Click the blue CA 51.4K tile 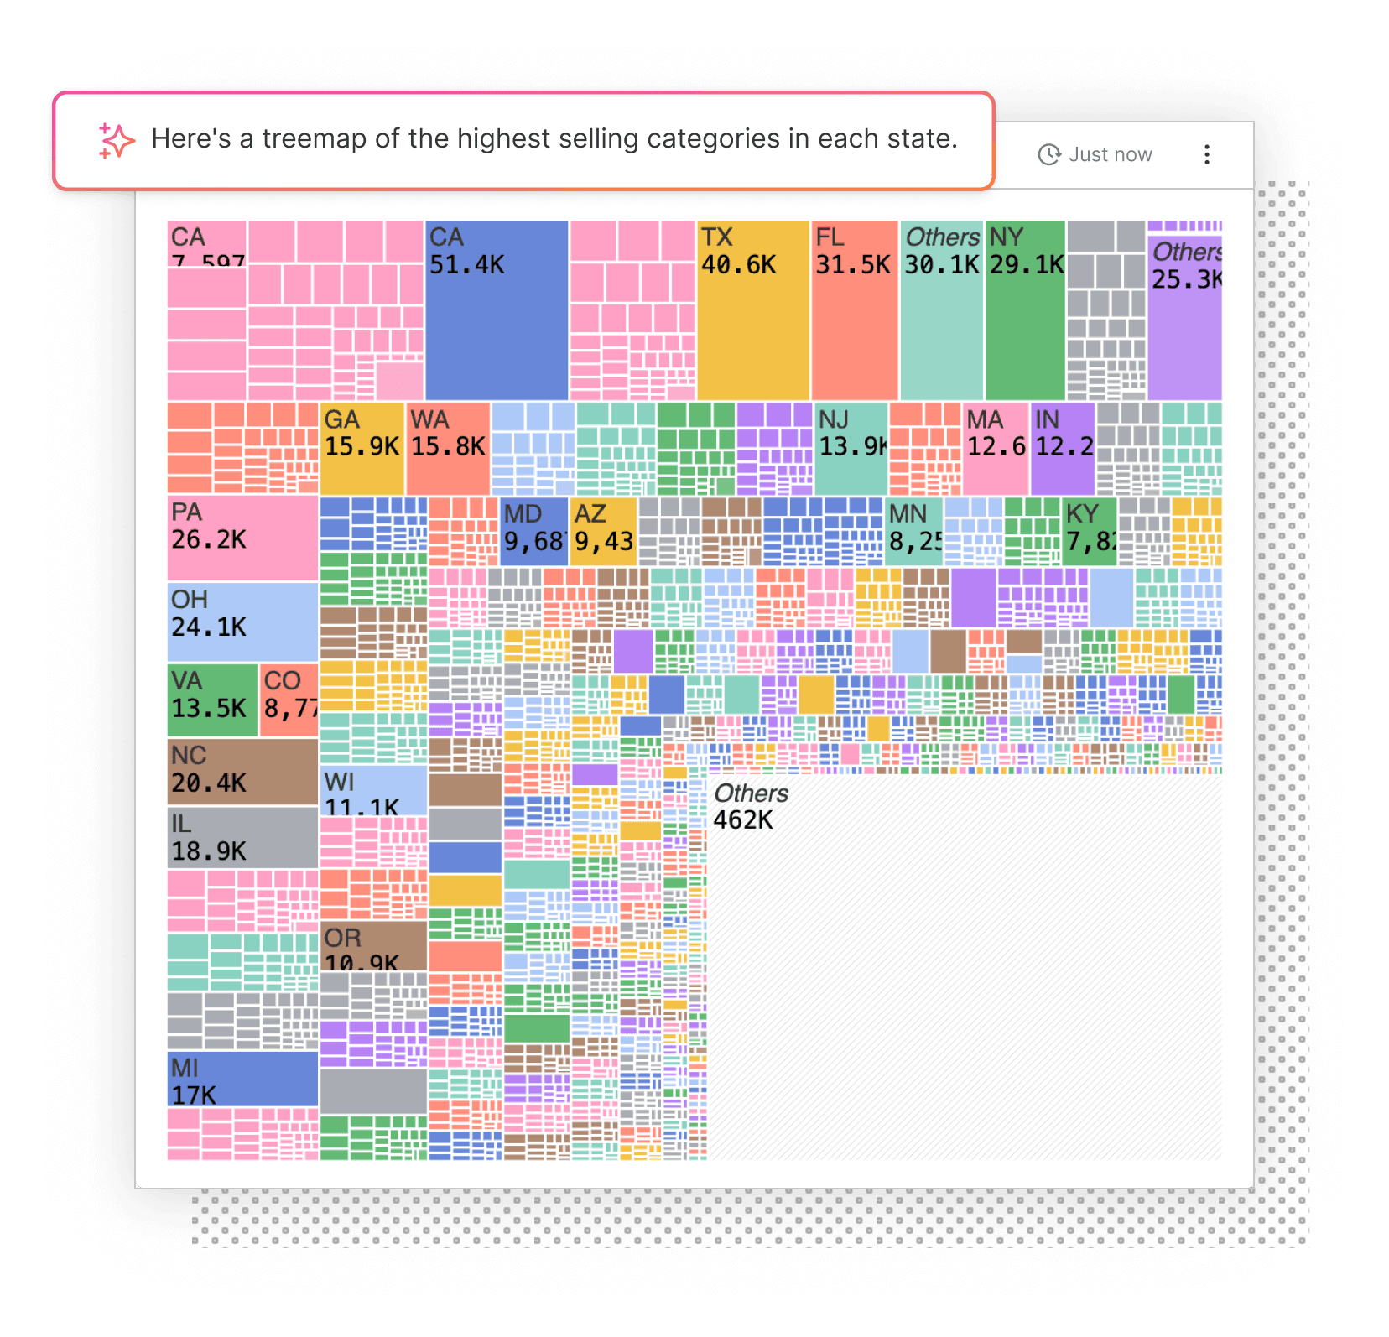497,310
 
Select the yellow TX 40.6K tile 752,310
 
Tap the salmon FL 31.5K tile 854,310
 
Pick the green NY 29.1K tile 1025,310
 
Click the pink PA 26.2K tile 242,538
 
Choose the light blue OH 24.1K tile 242,622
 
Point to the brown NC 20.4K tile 242,771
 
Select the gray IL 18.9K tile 242,837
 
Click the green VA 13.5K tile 212,700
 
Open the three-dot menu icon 1207,155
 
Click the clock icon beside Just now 1049,155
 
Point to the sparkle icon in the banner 116,140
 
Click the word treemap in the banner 315,138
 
